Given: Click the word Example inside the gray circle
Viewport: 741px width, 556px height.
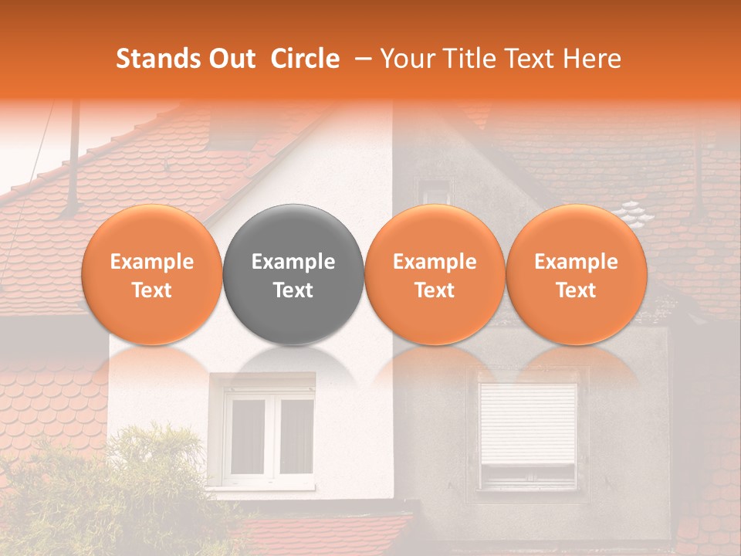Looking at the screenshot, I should [293, 262].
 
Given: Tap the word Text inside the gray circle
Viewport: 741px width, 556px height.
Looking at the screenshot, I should [293, 290].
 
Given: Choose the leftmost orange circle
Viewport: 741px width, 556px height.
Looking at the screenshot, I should [152, 274].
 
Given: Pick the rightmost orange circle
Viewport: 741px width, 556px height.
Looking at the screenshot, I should [577, 274].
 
